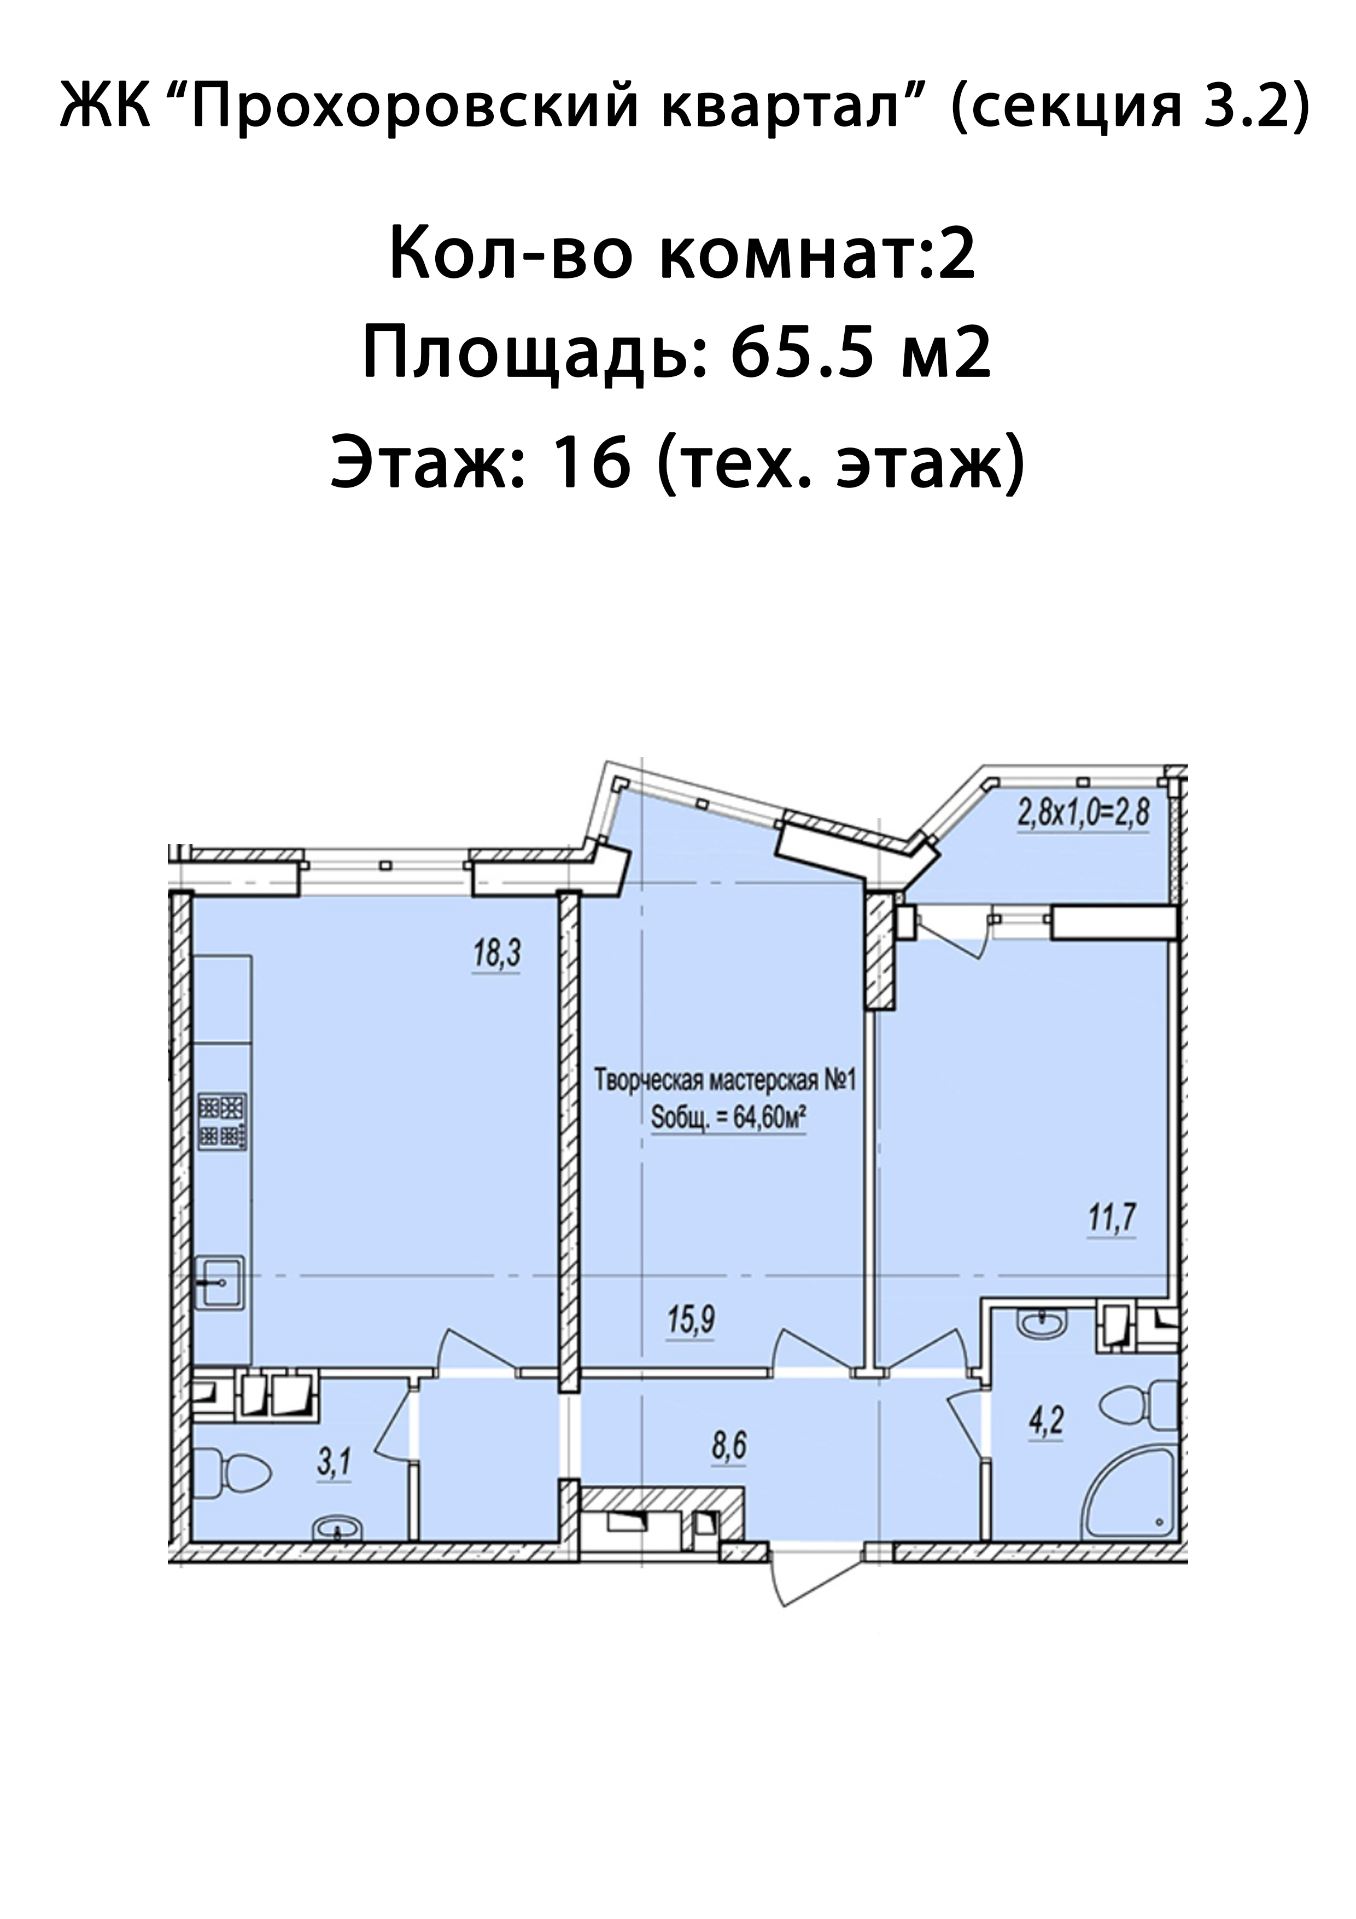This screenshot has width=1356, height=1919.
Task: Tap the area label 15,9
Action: click(691, 1321)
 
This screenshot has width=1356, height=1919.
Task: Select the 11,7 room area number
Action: click(1112, 1218)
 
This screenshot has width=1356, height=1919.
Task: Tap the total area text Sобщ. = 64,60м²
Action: click(727, 1118)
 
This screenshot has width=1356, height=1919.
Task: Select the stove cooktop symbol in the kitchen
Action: click(222, 1121)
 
